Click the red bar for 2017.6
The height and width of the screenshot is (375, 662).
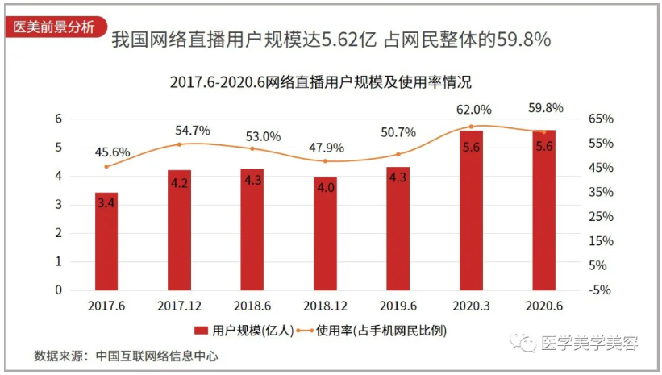pyautogui.click(x=106, y=241)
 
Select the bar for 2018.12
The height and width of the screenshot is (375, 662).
pyautogui.click(x=325, y=234)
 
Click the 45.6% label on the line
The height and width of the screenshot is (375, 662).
pyautogui.click(x=112, y=152)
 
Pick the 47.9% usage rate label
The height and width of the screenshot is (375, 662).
pyautogui.click(x=327, y=148)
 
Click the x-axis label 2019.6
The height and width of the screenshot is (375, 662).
pyautogui.click(x=398, y=307)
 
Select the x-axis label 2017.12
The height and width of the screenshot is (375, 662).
pyautogui.click(x=179, y=307)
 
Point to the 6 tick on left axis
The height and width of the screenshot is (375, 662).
pyautogui.click(x=58, y=119)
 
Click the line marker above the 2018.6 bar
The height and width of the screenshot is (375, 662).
pyautogui.click(x=252, y=148)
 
